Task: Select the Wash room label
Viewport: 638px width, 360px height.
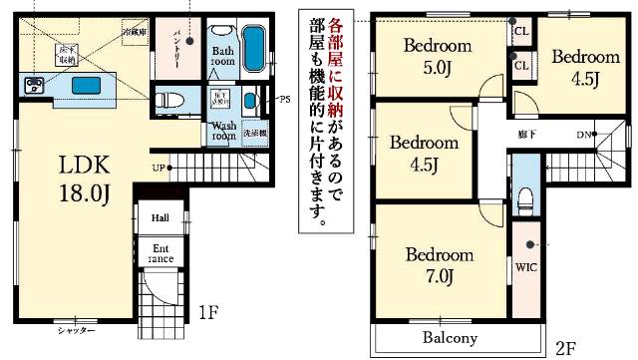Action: (223, 131)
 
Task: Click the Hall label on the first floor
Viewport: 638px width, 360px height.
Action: (160, 218)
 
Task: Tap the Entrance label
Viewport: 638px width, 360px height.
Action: (160, 254)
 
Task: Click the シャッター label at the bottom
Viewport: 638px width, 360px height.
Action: (76, 330)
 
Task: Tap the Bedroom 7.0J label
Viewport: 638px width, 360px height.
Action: (439, 264)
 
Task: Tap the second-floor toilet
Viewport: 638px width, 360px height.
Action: (525, 191)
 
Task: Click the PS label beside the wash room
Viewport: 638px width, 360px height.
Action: (285, 99)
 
